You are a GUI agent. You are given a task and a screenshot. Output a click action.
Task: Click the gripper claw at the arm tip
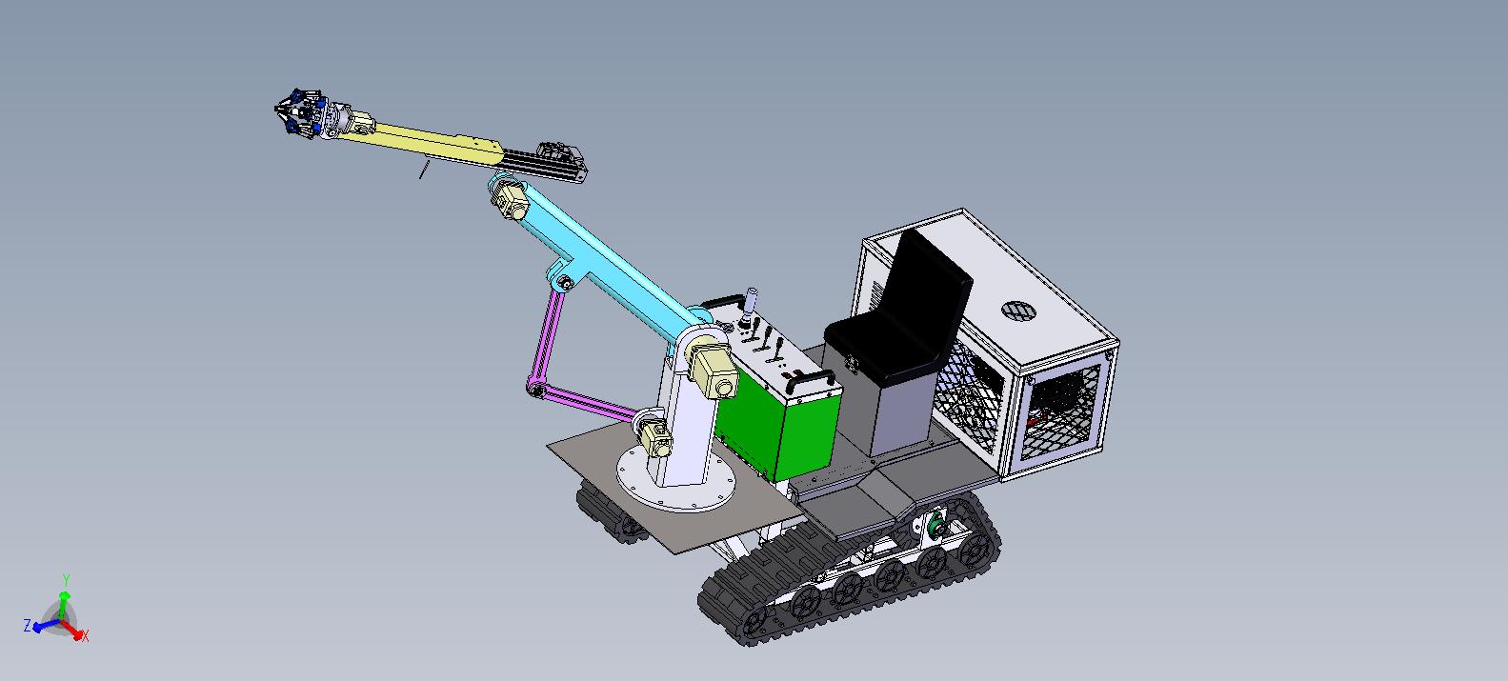299,113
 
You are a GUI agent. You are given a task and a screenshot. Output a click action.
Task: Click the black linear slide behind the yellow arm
545,162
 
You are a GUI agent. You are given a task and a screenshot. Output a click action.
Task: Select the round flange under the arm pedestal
676,478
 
